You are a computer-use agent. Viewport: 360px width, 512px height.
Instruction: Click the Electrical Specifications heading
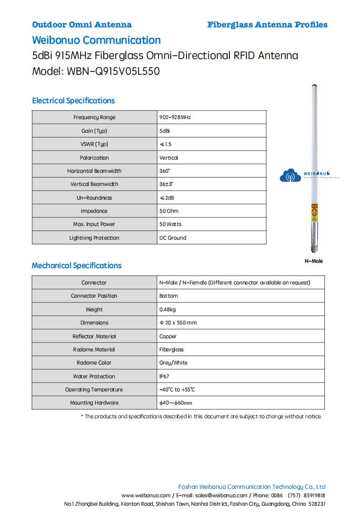pyautogui.click(x=73, y=101)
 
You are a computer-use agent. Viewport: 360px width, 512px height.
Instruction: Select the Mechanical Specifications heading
pyautogui.click(x=76, y=265)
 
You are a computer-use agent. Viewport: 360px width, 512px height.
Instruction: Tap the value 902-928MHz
pyautogui.click(x=175, y=117)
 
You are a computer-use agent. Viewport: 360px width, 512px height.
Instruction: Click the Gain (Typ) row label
pyautogui.click(x=94, y=131)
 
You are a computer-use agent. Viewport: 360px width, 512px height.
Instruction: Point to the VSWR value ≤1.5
pyautogui.click(x=165, y=144)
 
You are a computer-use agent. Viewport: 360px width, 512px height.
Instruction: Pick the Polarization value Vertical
pyautogui.click(x=168, y=157)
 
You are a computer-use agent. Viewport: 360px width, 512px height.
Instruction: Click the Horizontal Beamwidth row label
pyautogui.click(x=94, y=171)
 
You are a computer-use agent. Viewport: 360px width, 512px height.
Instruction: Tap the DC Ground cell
pyautogui.click(x=173, y=238)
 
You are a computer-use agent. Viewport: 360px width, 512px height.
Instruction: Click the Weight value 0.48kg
pyautogui.click(x=167, y=310)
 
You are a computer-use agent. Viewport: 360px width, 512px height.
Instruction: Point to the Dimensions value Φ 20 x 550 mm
pyautogui.click(x=178, y=323)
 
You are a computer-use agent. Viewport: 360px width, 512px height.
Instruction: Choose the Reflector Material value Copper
pyautogui.click(x=168, y=336)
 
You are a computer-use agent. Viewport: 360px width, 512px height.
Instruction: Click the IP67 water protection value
pyautogui.click(x=165, y=377)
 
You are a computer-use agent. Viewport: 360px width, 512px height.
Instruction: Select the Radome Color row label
pyautogui.click(x=94, y=363)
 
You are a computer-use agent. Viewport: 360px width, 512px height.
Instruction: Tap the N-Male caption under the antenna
pyautogui.click(x=314, y=261)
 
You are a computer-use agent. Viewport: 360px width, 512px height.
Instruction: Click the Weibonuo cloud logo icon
pyautogui.click(x=289, y=175)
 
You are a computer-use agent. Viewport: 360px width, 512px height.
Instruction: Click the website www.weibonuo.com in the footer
pyautogui.click(x=146, y=496)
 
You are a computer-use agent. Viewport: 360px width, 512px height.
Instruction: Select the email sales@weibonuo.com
pyautogui.click(x=221, y=496)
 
